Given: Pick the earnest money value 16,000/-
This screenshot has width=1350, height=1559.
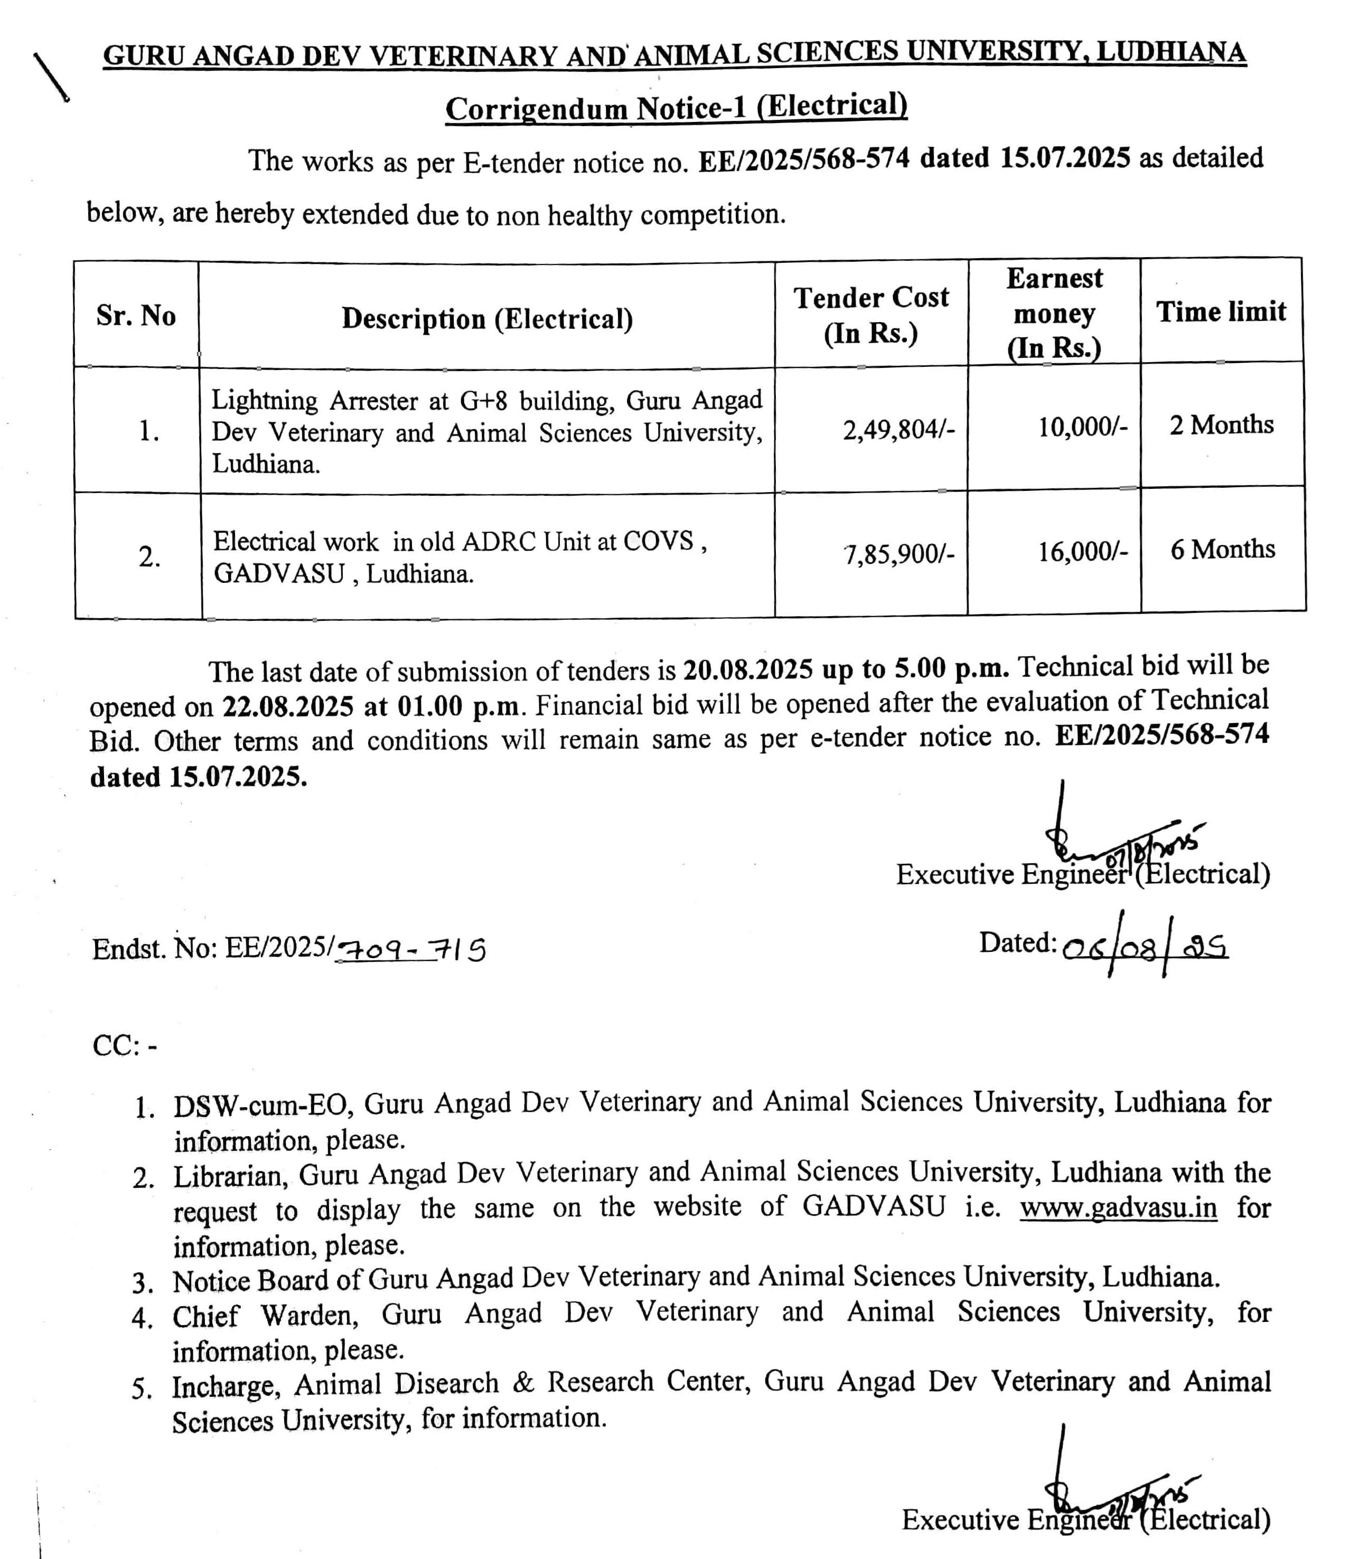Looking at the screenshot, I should click(1083, 552).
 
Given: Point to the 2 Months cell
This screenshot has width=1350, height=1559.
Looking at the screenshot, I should click(1221, 425).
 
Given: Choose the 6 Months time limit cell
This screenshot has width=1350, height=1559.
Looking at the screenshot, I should click(1222, 549).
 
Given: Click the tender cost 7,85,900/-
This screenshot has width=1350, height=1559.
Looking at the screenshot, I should click(899, 554).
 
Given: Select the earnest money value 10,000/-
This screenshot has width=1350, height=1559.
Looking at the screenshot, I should click(1083, 427).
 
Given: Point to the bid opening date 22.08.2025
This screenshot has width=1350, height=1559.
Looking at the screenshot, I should click(288, 706).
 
